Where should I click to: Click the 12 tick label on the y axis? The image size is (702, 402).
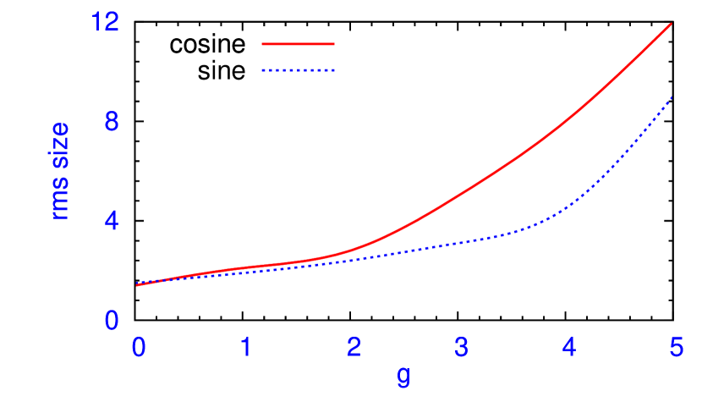click(x=105, y=24)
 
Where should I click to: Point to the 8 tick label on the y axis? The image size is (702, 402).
click(x=111, y=123)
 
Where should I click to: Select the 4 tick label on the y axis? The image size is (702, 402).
click(x=111, y=222)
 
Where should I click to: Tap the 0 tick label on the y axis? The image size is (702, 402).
click(x=111, y=321)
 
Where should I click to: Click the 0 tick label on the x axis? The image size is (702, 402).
click(x=138, y=347)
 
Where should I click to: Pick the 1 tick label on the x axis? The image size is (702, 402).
click(x=245, y=347)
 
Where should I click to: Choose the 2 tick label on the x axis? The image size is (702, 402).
click(x=354, y=347)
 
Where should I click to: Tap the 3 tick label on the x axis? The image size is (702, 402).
click(x=461, y=347)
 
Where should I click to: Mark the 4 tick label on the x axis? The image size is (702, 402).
click(x=568, y=347)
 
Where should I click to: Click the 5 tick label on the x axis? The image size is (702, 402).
click(x=677, y=347)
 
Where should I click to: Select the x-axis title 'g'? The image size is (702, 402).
click(x=403, y=375)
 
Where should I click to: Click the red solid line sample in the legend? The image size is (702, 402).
click(x=299, y=43)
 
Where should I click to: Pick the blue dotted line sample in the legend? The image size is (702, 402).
click(x=299, y=70)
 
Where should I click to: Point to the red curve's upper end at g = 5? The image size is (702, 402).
click(x=672, y=24)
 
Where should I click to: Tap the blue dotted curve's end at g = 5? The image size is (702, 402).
click(x=672, y=97)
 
